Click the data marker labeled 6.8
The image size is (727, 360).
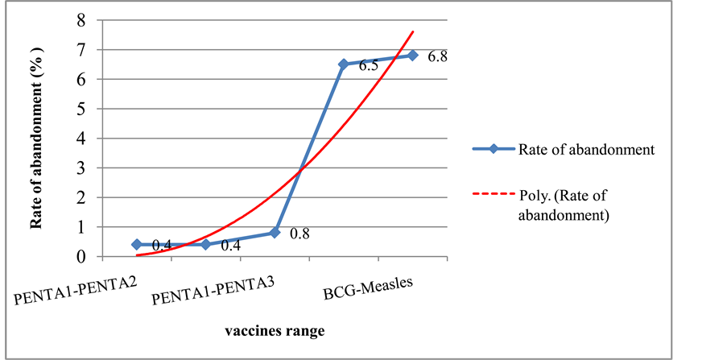point(412,56)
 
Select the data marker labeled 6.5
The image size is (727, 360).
point(344,64)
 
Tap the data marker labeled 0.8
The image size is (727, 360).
point(275,233)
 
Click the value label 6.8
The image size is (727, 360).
point(438,57)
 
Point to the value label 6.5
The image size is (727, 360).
point(369,66)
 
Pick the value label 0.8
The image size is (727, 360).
point(299,235)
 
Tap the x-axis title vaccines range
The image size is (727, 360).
point(274,331)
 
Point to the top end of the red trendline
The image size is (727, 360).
point(413,32)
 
